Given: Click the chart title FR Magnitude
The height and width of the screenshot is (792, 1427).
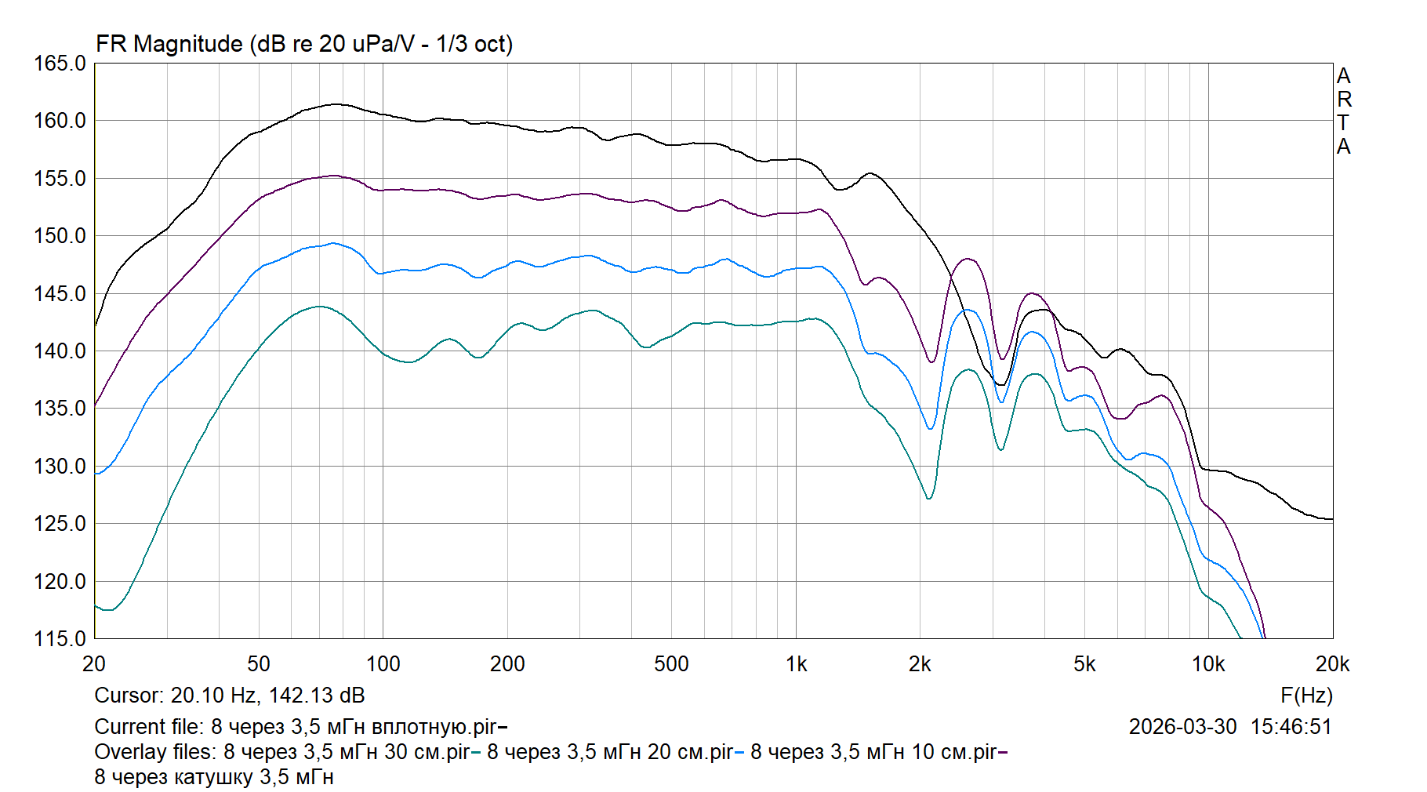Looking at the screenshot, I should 169,44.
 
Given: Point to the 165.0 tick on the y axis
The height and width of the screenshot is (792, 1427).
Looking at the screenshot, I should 60,64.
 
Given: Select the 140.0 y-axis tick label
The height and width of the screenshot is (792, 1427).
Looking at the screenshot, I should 60,351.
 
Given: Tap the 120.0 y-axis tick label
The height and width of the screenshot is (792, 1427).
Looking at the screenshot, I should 60,582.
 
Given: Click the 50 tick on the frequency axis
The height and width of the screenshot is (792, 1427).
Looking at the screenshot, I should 259,664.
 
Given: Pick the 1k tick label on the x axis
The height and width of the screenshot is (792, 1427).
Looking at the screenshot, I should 796,664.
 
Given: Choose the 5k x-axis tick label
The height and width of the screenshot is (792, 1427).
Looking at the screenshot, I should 1084,664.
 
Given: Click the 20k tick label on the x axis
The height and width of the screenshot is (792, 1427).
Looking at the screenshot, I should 1332,664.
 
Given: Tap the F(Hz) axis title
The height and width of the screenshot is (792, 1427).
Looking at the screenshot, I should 1306,696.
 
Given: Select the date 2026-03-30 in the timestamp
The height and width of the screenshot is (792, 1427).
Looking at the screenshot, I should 1182,727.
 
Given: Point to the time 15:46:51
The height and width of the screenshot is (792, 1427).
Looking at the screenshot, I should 1291,727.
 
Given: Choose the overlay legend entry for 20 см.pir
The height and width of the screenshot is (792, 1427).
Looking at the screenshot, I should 610,752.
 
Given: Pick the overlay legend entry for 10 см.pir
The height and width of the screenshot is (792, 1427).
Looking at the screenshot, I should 873,752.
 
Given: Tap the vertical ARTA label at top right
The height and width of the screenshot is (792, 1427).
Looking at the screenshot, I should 1344,111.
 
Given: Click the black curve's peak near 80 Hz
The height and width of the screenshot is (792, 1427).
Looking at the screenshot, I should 336,104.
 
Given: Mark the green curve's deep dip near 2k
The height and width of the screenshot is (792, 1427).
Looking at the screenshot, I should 929,499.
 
